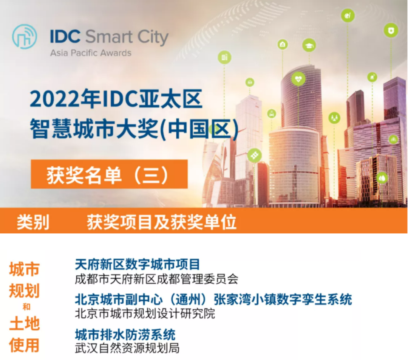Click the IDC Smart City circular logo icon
[25, 37]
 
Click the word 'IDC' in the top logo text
[65, 36]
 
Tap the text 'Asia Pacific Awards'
[91, 53]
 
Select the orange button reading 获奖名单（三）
[109, 174]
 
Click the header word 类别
[33, 222]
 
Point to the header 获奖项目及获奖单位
[162, 222]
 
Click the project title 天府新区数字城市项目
[138, 264]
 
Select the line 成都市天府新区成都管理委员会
[156, 279]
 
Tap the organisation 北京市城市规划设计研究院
[145, 313]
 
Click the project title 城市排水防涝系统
[125, 334]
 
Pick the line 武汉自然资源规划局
[127, 348]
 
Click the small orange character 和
[26, 307]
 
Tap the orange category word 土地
[25, 324]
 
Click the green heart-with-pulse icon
[298, 78]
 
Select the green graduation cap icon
[309, 45]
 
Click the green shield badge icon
[391, 31]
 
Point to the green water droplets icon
[382, 178]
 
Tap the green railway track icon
[254, 155]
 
